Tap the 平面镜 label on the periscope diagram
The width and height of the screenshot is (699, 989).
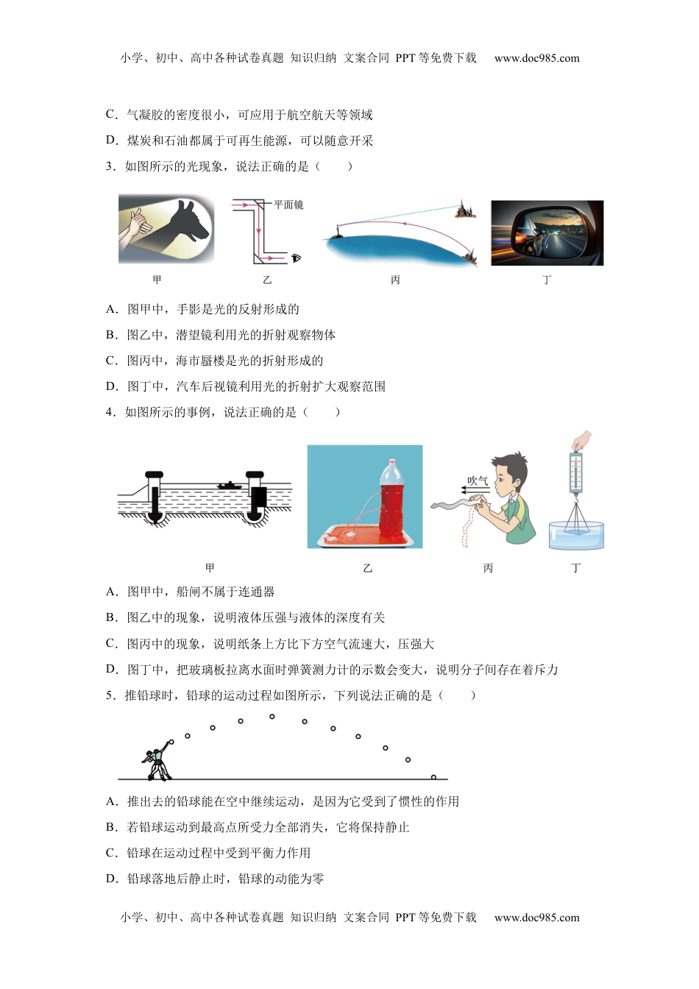pyautogui.click(x=288, y=205)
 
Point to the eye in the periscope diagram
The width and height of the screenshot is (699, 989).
pyautogui.click(x=297, y=258)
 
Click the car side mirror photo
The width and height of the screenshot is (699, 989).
pyautogui.click(x=547, y=233)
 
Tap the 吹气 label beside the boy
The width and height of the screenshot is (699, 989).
pyautogui.click(x=478, y=481)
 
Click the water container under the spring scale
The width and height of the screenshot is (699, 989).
pyautogui.click(x=576, y=535)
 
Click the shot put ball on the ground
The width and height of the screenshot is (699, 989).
pyautogui.click(x=433, y=777)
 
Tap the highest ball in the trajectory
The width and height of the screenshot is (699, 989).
pyautogui.click(x=272, y=716)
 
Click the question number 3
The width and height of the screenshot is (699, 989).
pyautogui.click(x=110, y=166)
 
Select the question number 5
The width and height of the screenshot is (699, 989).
pyautogui.click(x=110, y=695)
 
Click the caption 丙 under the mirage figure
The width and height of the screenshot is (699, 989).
pyautogui.click(x=396, y=280)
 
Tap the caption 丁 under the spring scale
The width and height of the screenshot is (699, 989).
pyautogui.click(x=575, y=567)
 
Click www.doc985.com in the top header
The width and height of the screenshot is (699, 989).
pyautogui.click(x=536, y=58)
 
